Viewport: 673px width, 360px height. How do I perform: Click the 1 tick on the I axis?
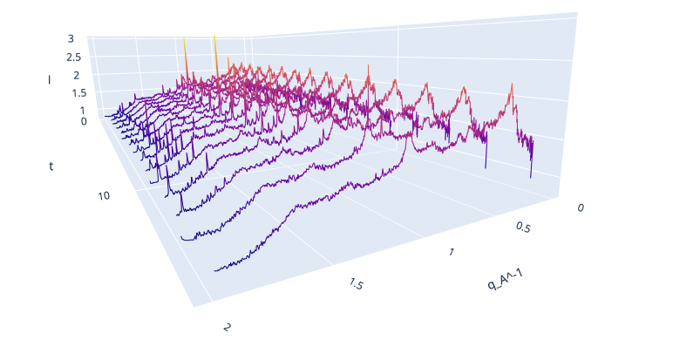[82, 111]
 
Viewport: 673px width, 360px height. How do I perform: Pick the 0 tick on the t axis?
[84, 121]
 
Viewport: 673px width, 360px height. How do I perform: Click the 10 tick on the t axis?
[104, 195]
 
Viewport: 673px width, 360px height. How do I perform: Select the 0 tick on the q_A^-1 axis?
[582, 207]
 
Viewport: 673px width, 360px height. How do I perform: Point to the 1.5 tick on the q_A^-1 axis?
[357, 285]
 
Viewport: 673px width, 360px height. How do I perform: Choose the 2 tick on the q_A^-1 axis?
[228, 327]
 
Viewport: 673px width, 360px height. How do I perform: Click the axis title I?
[50, 79]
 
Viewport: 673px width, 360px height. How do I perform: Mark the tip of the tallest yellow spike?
[214, 35]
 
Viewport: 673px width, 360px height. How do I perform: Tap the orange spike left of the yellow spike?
[184, 39]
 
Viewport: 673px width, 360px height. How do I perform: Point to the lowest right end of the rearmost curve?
[531, 177]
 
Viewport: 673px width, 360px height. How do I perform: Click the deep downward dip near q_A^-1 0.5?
[486, 167]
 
